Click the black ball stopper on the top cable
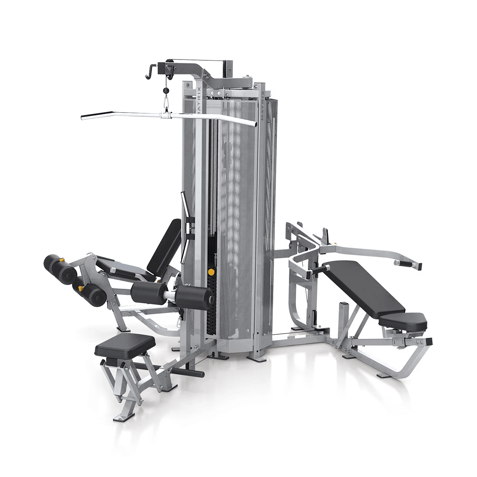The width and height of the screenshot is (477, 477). [x=165, y=90]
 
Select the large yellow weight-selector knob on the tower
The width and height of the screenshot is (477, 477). [x=211, y=272]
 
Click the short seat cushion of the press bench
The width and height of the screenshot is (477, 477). [x=403, y=322]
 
